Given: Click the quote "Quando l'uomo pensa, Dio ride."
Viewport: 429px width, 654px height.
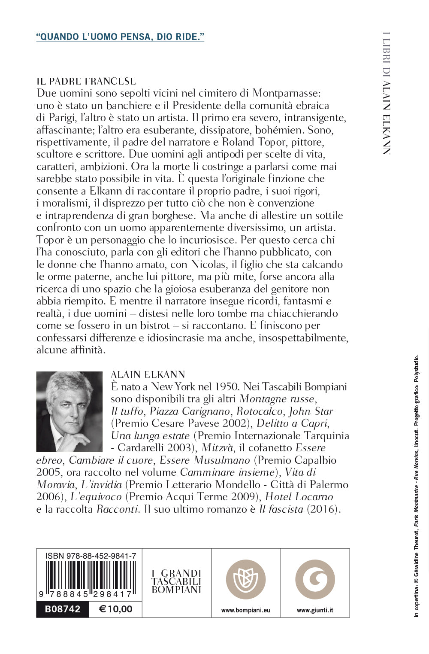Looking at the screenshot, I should coord(120,37).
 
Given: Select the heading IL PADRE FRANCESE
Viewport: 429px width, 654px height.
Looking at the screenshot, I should coord(86,81).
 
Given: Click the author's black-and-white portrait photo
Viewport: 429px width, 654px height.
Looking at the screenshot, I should coord(69,411).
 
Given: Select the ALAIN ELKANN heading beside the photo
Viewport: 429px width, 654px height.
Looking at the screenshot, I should coord(148,374).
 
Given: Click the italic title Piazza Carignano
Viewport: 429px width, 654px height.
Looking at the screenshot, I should coord(190,411).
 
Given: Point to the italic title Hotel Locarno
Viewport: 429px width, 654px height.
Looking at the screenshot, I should coord(299,497).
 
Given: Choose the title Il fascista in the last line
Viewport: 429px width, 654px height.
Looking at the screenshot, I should coord(281,509).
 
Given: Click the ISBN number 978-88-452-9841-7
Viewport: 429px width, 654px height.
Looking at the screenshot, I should coord(91,556).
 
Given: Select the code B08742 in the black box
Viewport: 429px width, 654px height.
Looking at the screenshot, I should coord(63,609).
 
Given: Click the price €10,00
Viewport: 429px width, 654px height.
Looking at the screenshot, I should coord(115,609).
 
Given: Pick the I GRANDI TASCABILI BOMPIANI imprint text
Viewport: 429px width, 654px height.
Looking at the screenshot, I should coord(176,581).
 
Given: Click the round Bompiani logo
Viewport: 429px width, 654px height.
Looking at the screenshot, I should coord(246,579).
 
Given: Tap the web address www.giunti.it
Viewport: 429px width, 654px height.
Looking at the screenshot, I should coord(315,610).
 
